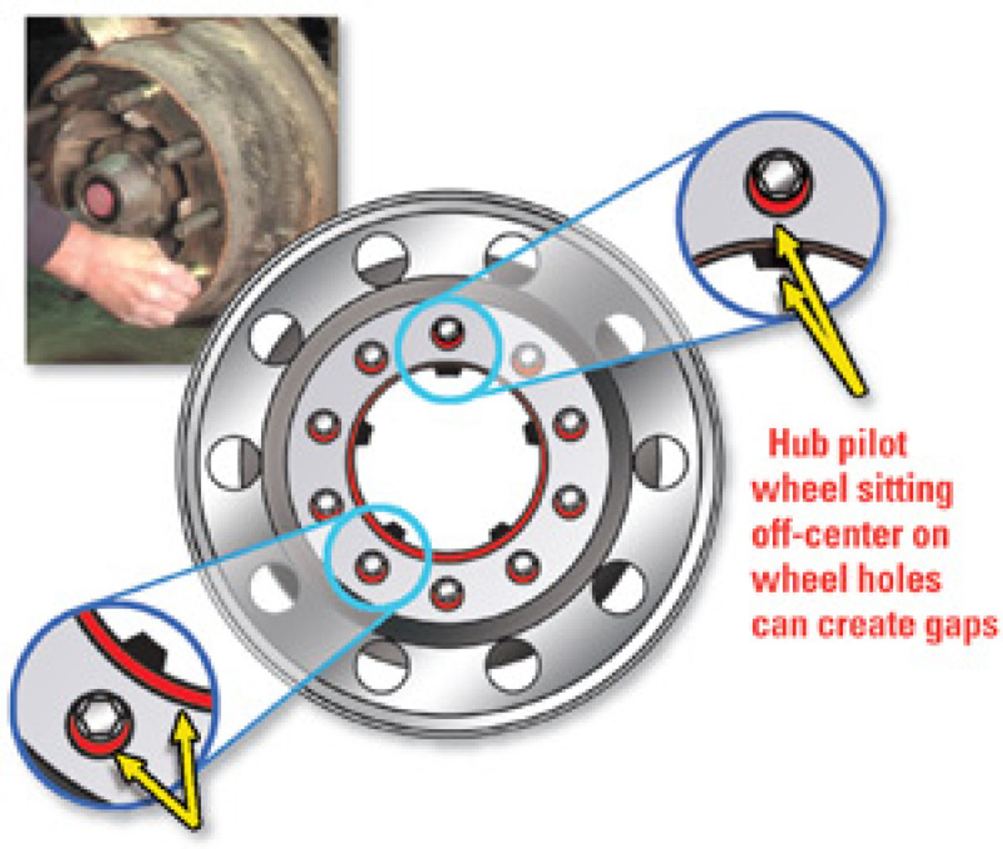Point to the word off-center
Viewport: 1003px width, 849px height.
click(820, 535)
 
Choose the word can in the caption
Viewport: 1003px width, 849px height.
click(779, 626)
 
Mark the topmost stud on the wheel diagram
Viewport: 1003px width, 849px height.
click(447, 329)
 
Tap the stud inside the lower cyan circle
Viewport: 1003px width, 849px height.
click(370, 565)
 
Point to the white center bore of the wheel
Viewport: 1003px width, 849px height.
click(447, 463)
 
